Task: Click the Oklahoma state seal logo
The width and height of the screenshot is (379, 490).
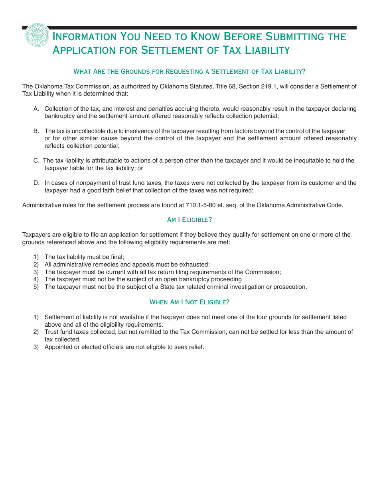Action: pos(38,35)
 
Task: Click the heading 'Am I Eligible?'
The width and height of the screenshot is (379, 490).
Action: pos(189,220)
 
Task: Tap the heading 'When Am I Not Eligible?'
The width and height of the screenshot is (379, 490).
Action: pos(189,302)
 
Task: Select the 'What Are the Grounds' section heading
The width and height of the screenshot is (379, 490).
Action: pos(189,72)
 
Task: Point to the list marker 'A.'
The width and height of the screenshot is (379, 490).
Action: pos(36,109)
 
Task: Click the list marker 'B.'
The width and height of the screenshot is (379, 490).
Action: pos(36,131)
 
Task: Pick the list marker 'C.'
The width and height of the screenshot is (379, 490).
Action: pos(36,161)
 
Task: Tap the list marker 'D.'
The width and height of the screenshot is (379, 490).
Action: pos(36,183)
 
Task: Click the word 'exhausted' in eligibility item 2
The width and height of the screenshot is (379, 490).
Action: pos(195,265)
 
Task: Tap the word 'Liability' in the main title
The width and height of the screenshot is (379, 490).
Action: pos(267,50)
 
